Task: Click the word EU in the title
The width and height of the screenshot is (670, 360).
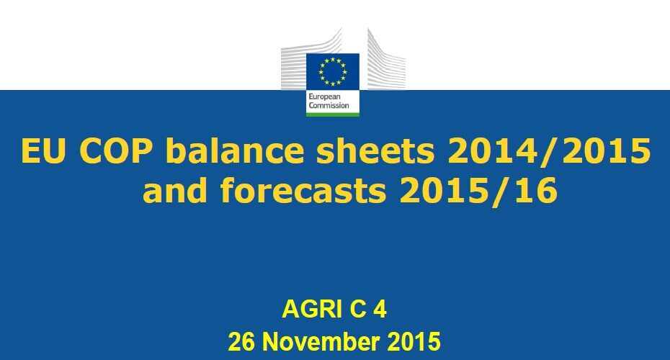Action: (x=43, y=150)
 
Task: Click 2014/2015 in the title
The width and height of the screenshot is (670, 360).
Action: (x=549, y=150)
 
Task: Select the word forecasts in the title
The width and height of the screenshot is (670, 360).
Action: (x=303, y=189)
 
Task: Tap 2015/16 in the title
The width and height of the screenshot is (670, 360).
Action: (x=478, y=190)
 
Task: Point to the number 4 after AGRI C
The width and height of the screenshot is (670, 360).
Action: (x=380, y=309)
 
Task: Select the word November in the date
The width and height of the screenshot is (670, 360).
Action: (x=321, y=341)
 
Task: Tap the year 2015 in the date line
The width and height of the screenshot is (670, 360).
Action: (x=414, y=341)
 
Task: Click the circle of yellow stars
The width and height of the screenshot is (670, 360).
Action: (x=332, y=72)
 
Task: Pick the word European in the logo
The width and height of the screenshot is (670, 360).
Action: (x=325, y=97)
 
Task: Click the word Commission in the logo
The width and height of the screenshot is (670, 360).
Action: (x=329, y=106)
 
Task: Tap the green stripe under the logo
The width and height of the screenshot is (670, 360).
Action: (x=332, y=114)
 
